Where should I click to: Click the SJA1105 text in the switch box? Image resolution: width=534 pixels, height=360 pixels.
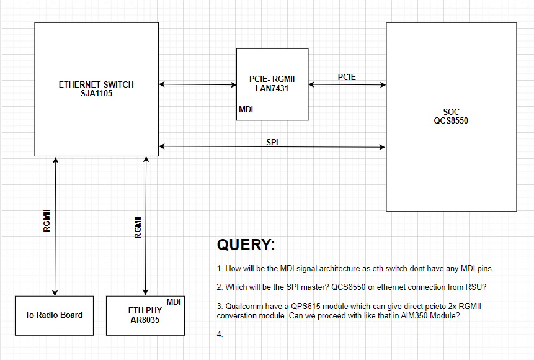(96, 94)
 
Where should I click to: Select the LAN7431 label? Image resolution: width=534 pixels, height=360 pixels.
(272, 88)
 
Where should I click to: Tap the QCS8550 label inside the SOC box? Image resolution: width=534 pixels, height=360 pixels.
(451, 120)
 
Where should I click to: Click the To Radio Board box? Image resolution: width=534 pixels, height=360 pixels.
(54, 315)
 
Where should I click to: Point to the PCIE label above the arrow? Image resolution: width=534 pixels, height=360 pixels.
(347, 77)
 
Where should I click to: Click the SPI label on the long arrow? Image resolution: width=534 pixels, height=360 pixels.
(272, 142)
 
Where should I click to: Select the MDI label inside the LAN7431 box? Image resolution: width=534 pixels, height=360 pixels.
(246, 109)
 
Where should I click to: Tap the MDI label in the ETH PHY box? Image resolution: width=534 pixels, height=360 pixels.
(174, 302)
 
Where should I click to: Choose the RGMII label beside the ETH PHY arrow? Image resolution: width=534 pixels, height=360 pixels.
(138, 228)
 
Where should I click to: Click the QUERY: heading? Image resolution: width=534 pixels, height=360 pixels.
(246, 245)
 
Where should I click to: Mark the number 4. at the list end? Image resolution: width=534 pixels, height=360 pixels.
(220, 335)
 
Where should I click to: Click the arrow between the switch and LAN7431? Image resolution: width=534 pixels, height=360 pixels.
(197, 84)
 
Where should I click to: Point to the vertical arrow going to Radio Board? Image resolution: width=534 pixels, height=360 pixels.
(55, 227)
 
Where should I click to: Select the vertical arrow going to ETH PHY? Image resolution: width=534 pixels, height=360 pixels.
(146, 227)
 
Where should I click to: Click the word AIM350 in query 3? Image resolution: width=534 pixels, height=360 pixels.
(411, 315)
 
